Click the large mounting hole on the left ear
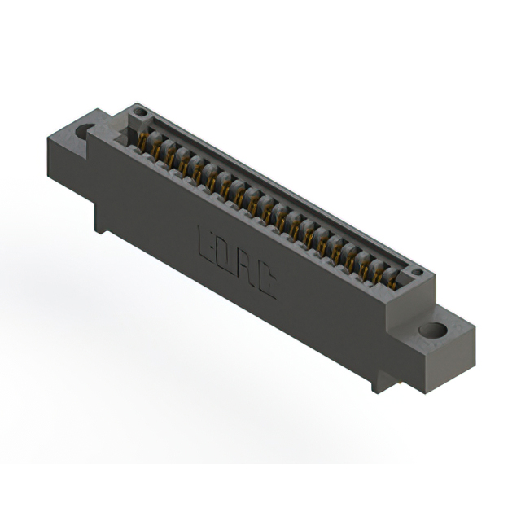tap(85, 130)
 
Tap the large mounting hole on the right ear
tap(431, 331)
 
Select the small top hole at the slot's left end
tap(139, 112)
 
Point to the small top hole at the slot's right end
tap(416, 272)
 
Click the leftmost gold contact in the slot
tap(142, 142)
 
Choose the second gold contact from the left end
tap(156, 149)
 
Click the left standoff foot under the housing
tap(101, 220)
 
